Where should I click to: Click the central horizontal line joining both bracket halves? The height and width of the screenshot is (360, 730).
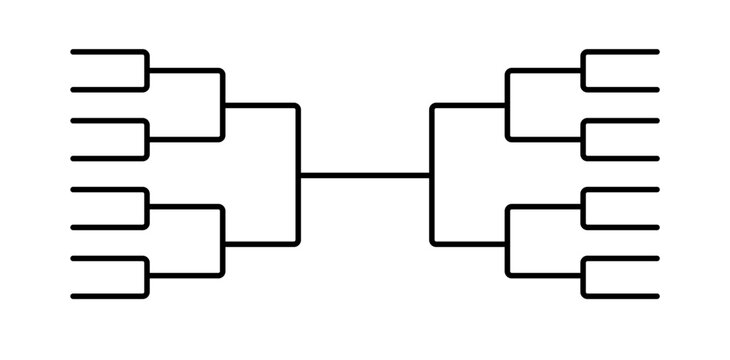(x=365, y=175)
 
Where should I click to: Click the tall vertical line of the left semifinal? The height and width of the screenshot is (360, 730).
(x=298, y=175)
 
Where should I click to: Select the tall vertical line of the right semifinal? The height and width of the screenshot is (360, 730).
(x=432, y=175)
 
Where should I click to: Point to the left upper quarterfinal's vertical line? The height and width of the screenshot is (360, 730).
(x=222, y=105)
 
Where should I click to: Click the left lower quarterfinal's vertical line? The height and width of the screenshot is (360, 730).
(x=222, y=241)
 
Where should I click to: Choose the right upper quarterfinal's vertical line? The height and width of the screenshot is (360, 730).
(x=508, y=105)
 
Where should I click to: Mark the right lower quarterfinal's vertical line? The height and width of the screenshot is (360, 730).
(x=508, y=241)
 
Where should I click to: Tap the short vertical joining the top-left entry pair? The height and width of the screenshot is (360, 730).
(x=147, y=70)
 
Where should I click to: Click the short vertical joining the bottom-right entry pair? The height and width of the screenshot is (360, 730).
(x=583, y=277)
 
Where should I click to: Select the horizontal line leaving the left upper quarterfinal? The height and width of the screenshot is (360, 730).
(x=260, y=105)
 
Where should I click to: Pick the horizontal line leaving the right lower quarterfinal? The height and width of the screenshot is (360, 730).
(x=470, y=243)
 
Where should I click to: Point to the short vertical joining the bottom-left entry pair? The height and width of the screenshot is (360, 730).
(x=147, y=277)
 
